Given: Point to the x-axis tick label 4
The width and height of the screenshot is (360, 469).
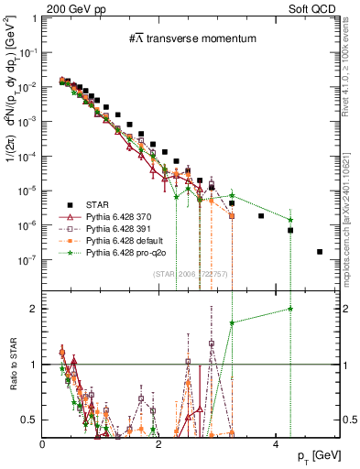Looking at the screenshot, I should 275,443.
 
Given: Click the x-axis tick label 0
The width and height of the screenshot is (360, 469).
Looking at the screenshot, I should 43,443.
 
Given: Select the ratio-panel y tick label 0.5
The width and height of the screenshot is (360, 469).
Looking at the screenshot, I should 30,420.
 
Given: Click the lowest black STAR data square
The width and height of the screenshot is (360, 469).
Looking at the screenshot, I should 319,252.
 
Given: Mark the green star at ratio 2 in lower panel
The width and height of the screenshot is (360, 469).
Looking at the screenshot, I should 289,309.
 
